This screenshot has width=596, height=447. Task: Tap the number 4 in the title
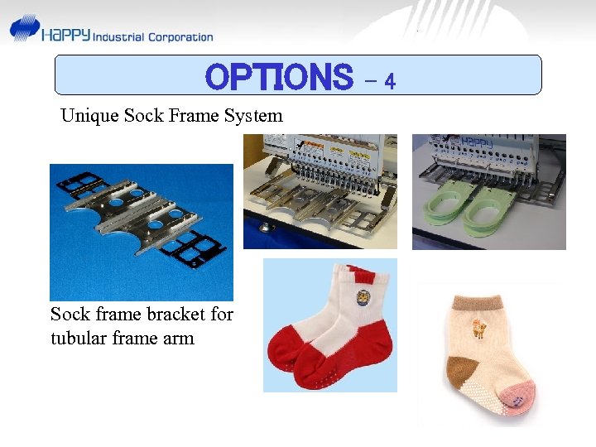pos(390,81)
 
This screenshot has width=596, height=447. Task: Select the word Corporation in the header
pos(180,36)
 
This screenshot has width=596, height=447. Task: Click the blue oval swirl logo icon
pos(24,28)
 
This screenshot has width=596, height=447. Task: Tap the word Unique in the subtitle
pos(89,116)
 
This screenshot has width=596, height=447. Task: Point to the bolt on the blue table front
pos(263,225)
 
